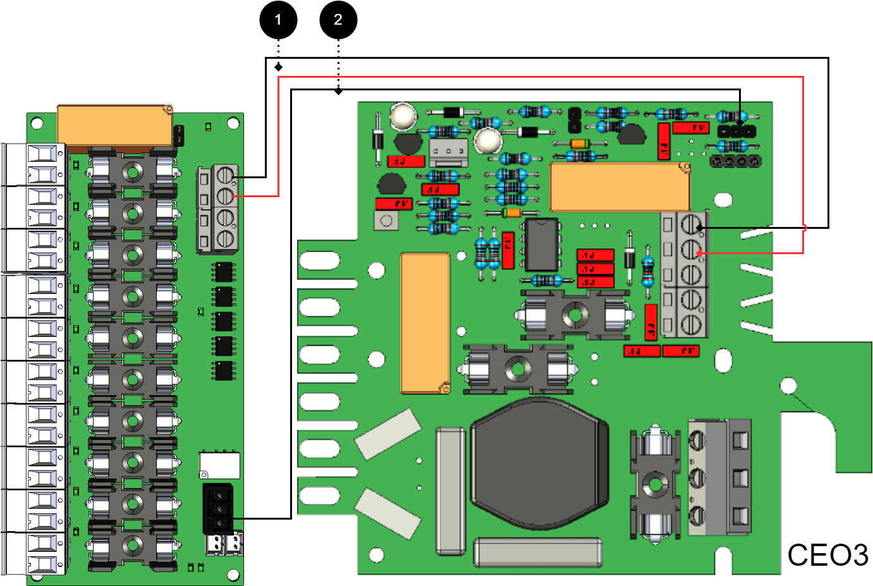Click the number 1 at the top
tap(278, 20)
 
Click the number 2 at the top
tap(338, 20)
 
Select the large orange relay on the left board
tap(115, 126)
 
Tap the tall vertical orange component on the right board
tap(425, 322)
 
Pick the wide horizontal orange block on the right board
tap(620, 187)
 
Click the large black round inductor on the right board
tap(539, 464)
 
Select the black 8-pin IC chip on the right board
tap(542, 245)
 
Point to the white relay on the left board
tap(219, 465)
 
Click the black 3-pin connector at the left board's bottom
tap(218, 508)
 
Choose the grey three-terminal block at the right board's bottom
tap(719, 477)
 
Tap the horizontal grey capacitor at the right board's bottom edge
tap(537, 552)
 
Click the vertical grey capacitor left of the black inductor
tap(451, 491)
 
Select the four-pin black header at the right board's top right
tap(735, 161)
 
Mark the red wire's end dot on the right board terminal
tap(699, 253)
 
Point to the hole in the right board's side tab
tap(788, 385)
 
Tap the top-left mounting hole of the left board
tap(37, 123)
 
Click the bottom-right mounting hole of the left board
tap(233, 575)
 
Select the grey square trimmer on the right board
tap(386, 221)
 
